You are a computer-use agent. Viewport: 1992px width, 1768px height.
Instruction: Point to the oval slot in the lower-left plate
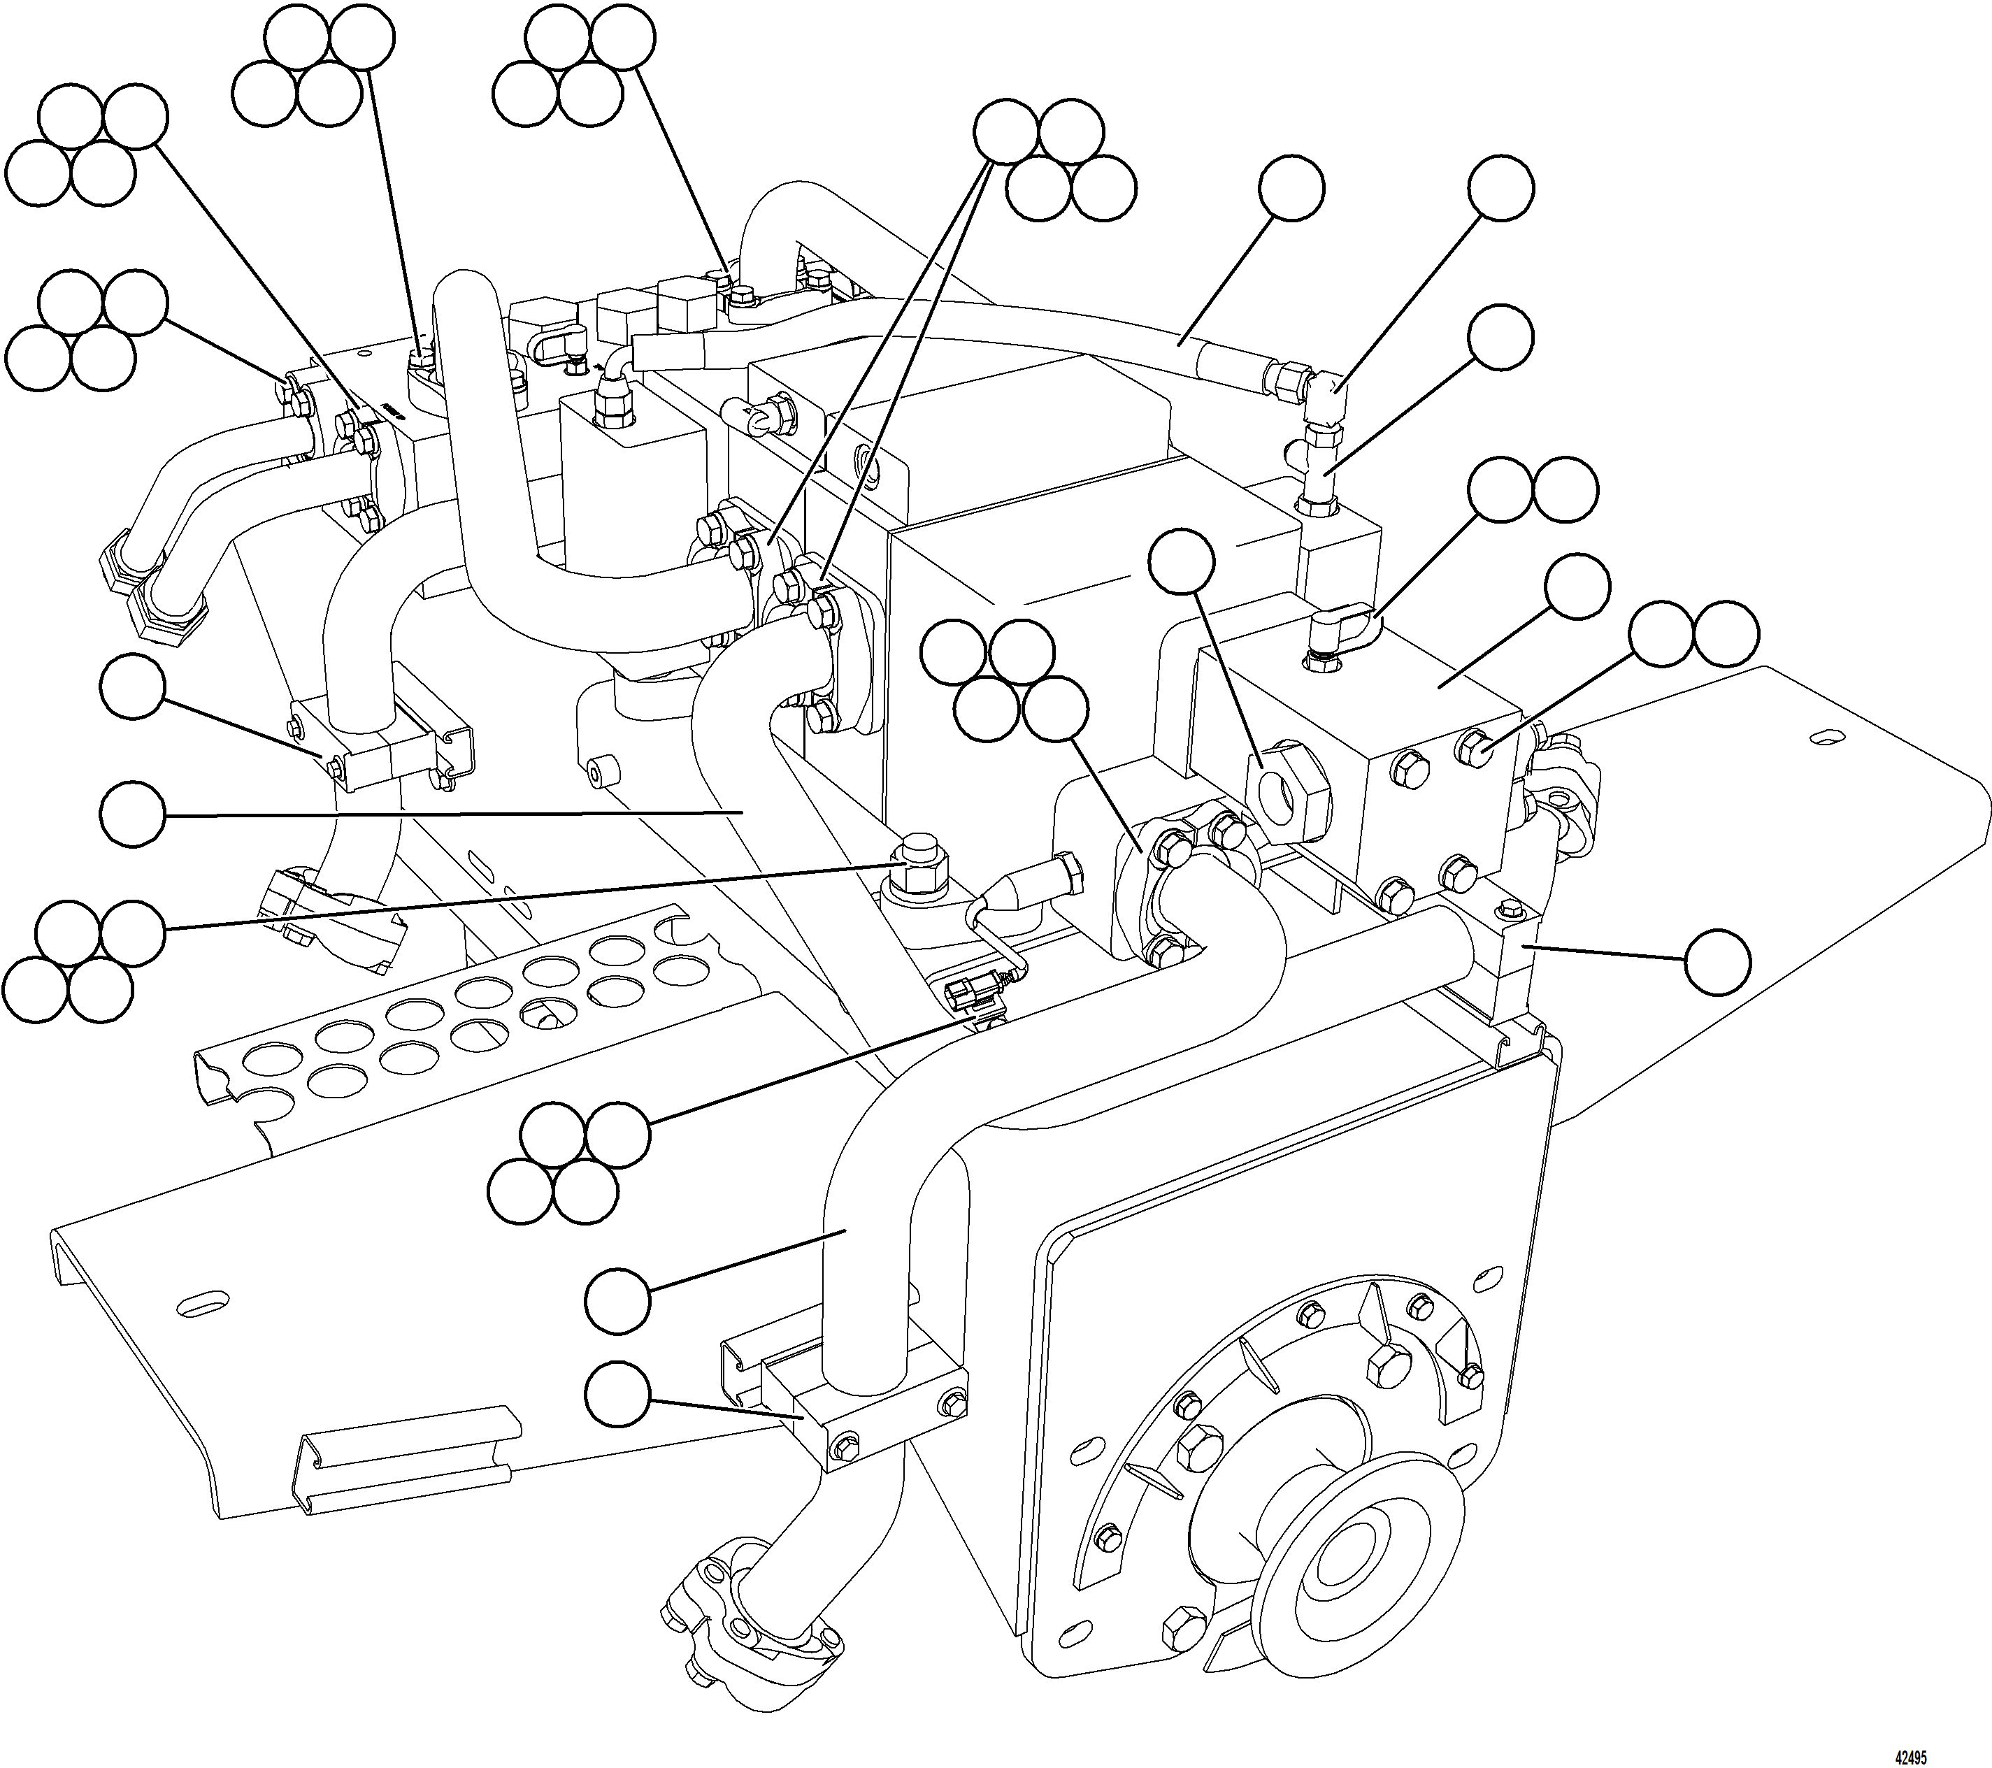point(203,1301)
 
